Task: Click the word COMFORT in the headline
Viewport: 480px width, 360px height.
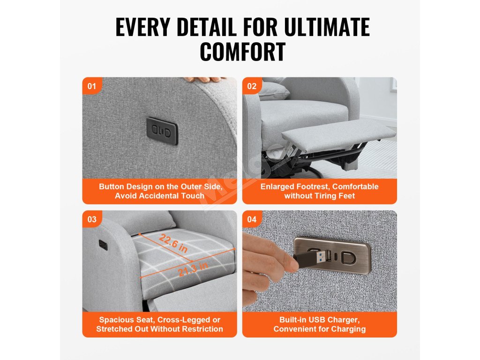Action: pyautogui.click(x=242, y=52)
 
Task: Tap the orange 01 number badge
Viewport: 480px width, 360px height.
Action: pyautogui.click(x=91, y=86)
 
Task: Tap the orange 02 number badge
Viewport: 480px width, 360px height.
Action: pyautogui.click(x=252, y=86)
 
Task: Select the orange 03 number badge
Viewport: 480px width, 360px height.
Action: pyautogui.click(x=91, y=219)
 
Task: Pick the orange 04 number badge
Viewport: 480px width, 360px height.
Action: pyautogui.click(x=252, y=219)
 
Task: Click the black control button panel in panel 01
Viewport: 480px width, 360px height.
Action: pyautogui.click(x=162, y=131)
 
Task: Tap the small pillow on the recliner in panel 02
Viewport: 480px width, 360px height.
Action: pyautogui.click(x=273, y=91)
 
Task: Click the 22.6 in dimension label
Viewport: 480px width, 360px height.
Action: pyautogui.click(x=173, y=242)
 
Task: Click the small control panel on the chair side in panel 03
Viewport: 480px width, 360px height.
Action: pyautogui.click(x=103, y=245)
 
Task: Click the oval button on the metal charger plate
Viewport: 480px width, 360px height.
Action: pyautogui.click(x=349, y=258)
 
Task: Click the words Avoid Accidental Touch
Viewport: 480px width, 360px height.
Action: pyautogui.click(x=159, y=196)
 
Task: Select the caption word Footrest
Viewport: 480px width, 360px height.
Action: pyautogui.click(x=313, y=187)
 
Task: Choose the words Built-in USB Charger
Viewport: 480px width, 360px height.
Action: pyautogui.click(x=320, y=320)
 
